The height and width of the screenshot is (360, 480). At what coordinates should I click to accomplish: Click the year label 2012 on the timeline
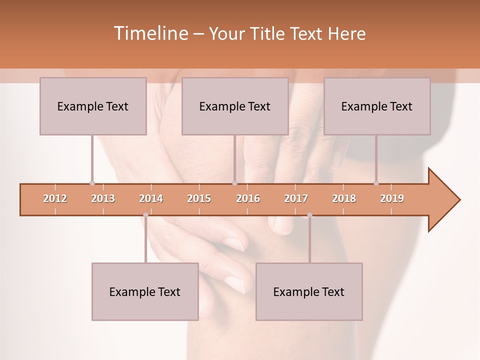[55, 198]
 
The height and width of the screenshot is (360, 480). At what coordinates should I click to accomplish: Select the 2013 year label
[103, 198]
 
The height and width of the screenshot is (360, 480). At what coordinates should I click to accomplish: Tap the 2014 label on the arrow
[151, 198]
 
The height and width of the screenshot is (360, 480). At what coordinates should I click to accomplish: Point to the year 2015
[199, 198]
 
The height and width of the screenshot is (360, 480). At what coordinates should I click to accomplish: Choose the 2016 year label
[248, 198]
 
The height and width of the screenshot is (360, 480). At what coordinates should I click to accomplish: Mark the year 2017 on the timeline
[296, 198]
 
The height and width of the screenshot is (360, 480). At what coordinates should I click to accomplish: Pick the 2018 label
[344, 198]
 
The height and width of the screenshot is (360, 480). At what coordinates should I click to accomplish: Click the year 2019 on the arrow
[392, 198]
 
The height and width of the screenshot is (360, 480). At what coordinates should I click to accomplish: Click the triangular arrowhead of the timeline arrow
[442, 200]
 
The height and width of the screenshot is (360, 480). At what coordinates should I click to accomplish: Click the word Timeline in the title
[150, 33]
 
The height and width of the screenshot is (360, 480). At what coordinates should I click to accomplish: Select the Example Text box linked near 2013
[93, 106]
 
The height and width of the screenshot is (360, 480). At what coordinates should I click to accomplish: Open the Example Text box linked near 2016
[235, 106]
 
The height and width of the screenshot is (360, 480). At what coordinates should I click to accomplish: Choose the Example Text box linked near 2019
[377, 106]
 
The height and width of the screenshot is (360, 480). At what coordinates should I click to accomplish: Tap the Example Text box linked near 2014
[145, 291]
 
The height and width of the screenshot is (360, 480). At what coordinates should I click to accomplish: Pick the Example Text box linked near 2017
[309, 291]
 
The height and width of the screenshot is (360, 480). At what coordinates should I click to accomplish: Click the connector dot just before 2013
[92, 183]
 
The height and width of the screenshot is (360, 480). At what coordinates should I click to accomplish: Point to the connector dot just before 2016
[234, 183]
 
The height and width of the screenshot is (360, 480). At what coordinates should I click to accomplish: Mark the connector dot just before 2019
[376, 183]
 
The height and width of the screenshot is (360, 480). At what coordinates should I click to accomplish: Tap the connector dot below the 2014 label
[145, 215]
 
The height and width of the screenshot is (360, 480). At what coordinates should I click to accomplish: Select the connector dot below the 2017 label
[309, 215]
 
